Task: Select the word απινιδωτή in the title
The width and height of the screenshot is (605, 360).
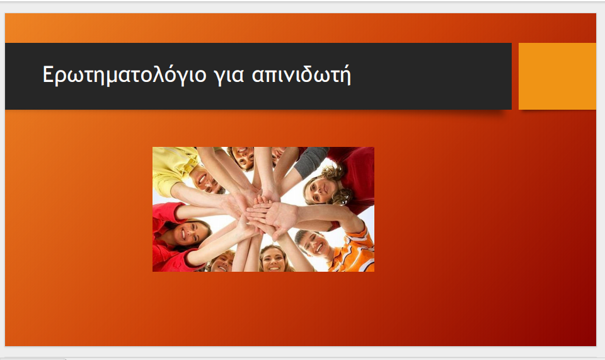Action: coord(301,74)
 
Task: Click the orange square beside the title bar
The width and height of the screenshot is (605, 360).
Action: coord(557,76)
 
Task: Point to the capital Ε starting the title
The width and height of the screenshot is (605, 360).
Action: coord(47,74)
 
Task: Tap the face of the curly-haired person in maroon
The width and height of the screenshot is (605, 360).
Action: coord(320,189)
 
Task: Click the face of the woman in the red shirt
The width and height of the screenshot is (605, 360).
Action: coord(186,233)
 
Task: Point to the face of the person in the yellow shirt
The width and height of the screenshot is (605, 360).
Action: coord(207,180)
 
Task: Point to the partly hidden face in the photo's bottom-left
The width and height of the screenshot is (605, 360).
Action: coord(223,262)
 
